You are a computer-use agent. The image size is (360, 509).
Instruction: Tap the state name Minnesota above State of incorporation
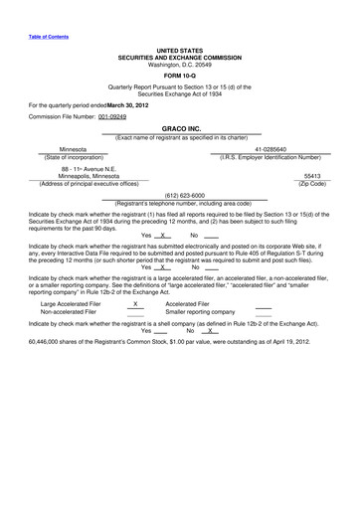[x=73, y=148]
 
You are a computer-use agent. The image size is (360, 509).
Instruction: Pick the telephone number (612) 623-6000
[x=179, y=195]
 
